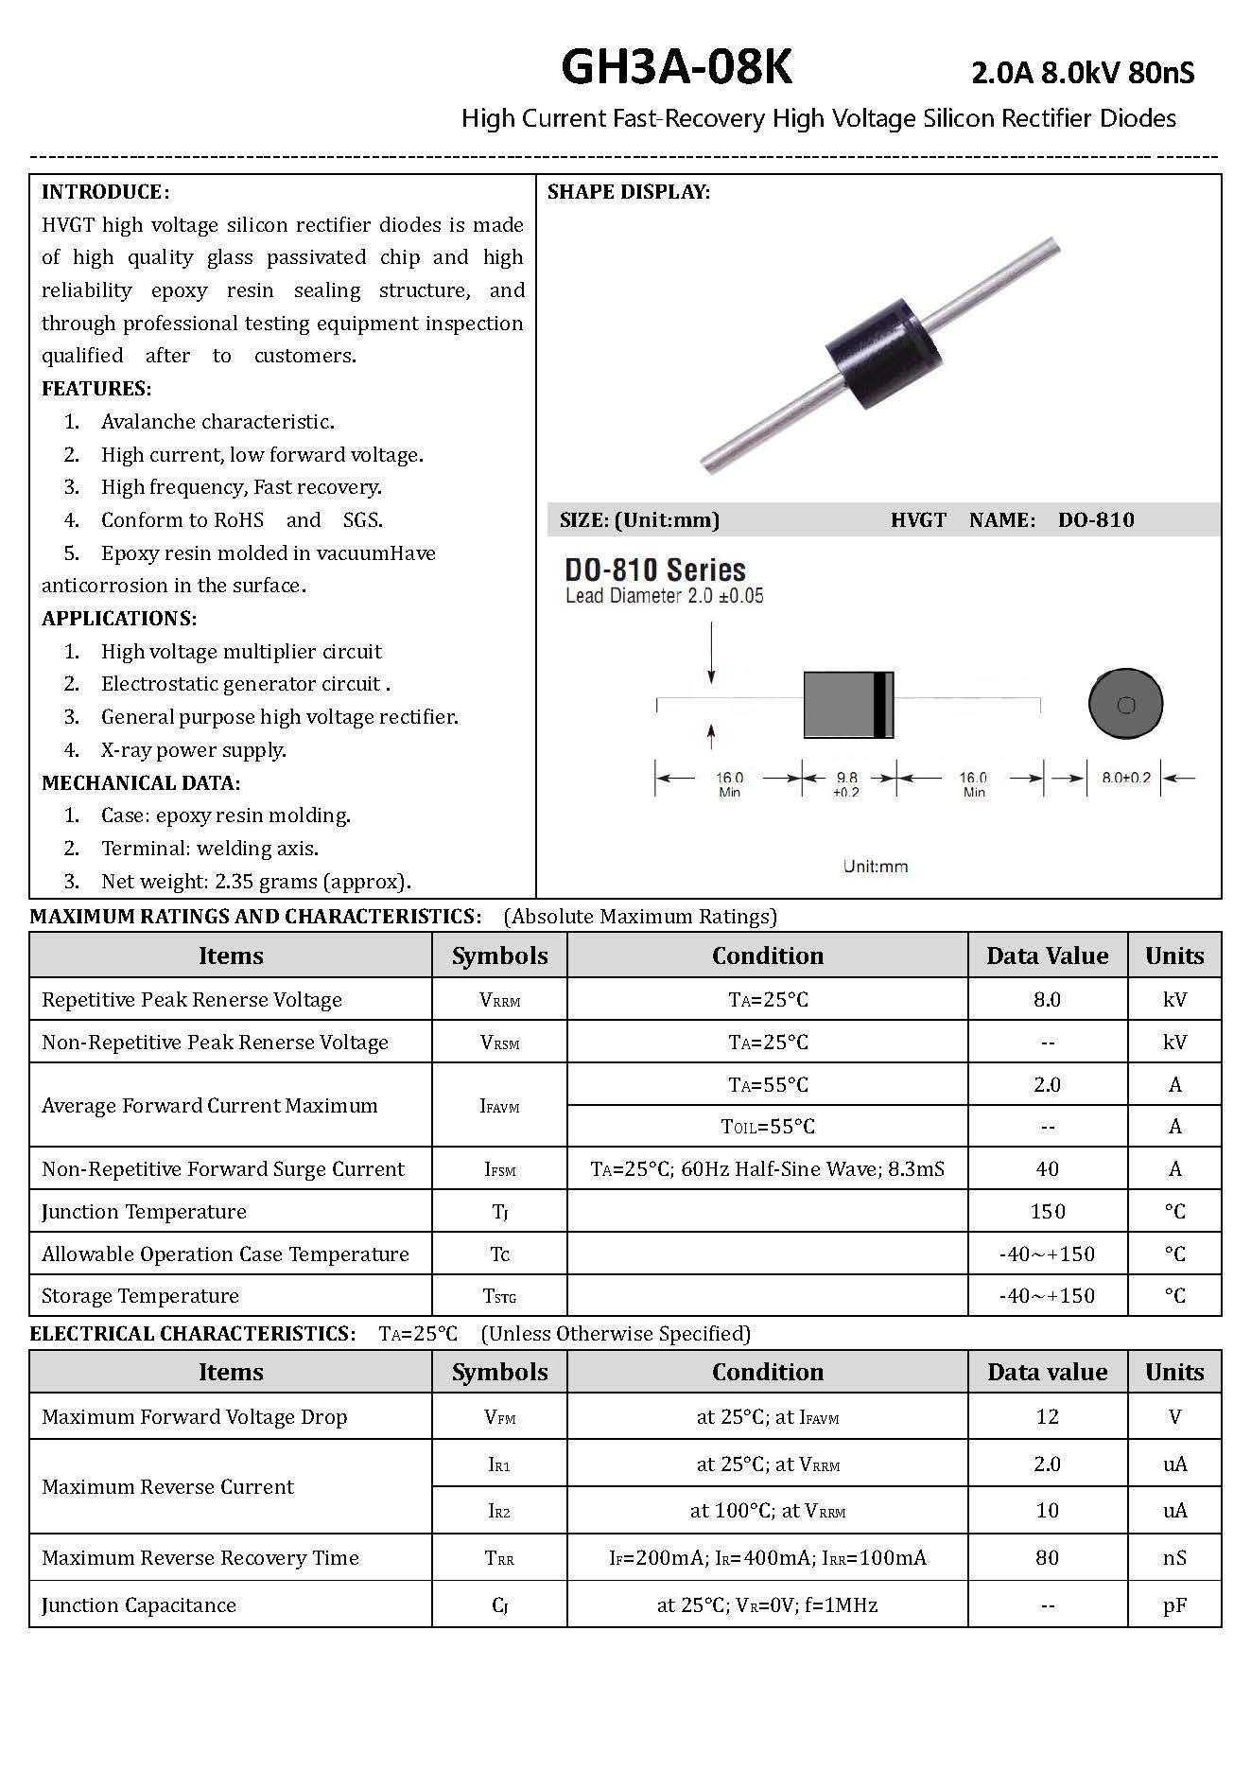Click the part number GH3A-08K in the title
pos(677,68)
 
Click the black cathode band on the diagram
pos(882,705)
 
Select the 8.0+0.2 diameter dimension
pos(1126,778)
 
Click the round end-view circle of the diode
pos(1125,705)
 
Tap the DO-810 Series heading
pos(655,570)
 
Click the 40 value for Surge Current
pos(1047,1169)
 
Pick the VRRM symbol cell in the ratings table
pos(499,1000)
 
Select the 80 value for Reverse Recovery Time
pos(1047,1558)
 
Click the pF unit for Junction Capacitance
pos(1174,1605)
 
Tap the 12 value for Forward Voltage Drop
pos(1047,1417)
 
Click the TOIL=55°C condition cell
pos(768,1127)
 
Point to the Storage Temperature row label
pos(141,1296)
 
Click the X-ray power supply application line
pos(193,750)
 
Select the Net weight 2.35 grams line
pos(255,882)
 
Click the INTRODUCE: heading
pos(105,192)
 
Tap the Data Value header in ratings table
pos(1047,956)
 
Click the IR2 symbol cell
pos(499,1512)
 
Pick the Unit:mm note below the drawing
pos(876,866)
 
